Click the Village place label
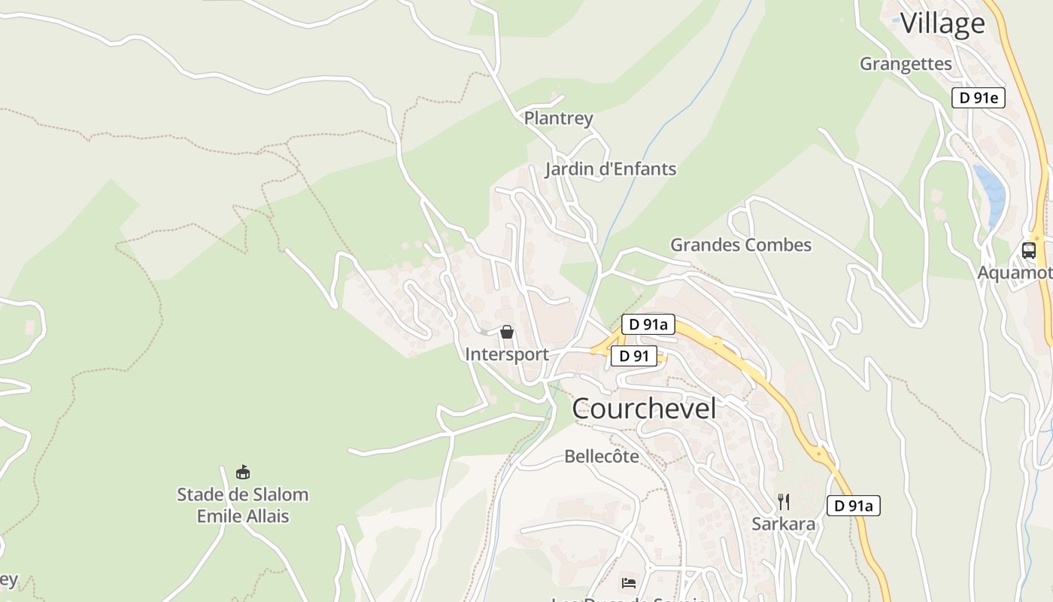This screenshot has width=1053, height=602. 942,23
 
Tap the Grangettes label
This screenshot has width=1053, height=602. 906,64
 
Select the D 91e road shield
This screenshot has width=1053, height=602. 978,98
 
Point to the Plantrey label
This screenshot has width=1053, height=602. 558,118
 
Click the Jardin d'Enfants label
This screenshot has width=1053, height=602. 610,169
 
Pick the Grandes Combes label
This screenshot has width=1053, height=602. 741,245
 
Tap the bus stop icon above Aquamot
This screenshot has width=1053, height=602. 1028,251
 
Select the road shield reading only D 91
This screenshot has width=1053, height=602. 633,356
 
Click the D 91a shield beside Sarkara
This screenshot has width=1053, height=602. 853,506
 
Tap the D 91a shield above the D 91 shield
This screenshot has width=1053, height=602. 648,324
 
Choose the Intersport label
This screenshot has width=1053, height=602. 506,354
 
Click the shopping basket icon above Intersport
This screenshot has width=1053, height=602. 507,332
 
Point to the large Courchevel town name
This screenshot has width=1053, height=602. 644,409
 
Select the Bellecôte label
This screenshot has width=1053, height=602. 601,457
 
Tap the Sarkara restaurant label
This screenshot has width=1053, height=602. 783,524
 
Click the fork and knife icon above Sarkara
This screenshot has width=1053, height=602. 783,502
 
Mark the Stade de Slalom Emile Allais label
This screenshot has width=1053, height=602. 242,505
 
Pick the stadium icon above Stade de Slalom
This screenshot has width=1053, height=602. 242,473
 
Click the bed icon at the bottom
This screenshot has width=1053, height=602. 629,583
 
